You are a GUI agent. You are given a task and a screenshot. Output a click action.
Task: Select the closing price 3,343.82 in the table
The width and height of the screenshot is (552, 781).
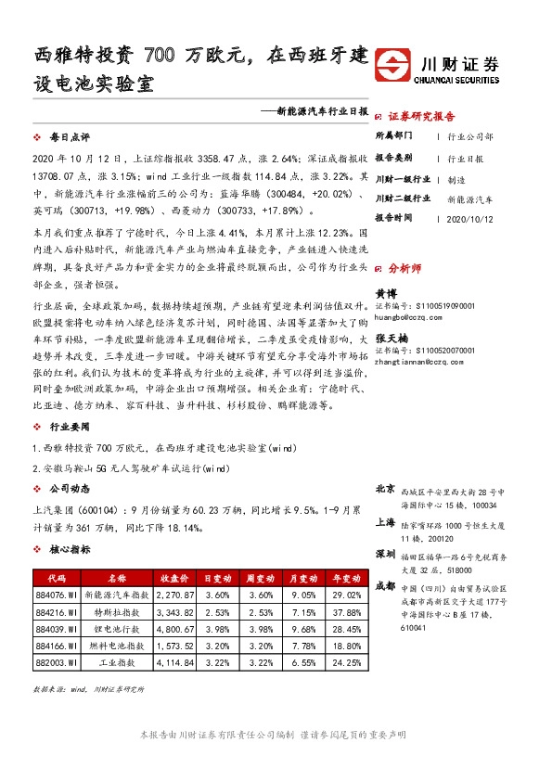point(175,613)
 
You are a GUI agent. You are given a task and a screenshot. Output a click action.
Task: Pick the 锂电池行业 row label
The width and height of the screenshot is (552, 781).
point(110,630)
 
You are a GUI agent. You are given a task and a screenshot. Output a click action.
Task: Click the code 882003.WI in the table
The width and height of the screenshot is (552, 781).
point(56,663)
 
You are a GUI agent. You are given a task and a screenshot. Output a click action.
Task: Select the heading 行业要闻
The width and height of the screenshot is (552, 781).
point(70,427)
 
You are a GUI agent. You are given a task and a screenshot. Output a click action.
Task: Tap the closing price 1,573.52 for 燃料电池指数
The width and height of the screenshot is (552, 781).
point(175,647)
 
